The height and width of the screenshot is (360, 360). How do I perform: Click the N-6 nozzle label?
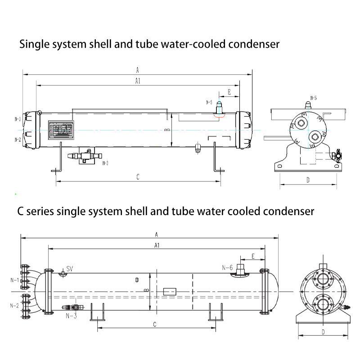(227, 268)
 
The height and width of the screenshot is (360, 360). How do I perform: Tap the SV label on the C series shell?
(70, 269)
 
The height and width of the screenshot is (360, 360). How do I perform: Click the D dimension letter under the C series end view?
(324, 332)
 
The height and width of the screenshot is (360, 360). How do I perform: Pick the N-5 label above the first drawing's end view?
(313, 98)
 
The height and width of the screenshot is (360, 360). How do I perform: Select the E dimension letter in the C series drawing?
(253, 256)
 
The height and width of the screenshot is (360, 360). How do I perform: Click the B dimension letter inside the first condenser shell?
(166, 130)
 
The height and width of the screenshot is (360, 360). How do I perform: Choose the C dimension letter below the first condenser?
(137, 177)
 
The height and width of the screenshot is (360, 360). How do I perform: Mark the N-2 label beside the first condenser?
(17, 140)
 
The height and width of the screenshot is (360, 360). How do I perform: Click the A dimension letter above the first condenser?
(137, 70)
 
